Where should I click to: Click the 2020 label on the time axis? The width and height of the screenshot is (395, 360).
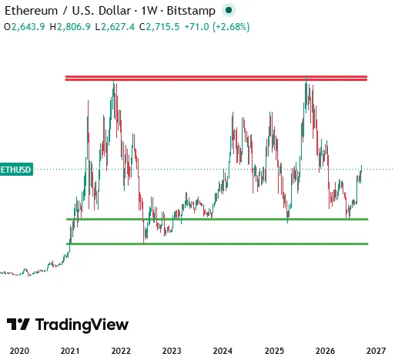(19, 351)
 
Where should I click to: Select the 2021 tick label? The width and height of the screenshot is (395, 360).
(70, 351)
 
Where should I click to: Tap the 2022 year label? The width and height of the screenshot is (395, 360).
(121, 351)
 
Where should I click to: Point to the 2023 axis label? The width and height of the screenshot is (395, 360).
(172, 351)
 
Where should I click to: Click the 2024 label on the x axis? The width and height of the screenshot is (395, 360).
(223, 351)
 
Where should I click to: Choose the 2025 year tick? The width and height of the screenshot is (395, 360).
(274, 351)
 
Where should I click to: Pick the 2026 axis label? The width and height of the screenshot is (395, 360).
(325, 351)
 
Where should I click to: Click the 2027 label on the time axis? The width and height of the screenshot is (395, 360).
(376, 351)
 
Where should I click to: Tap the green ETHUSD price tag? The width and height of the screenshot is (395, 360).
(16, 170)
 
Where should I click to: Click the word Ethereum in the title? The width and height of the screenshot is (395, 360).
(32, 11)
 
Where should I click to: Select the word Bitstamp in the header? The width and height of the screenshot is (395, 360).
(191, 11)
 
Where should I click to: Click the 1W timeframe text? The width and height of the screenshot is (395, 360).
(149, 11)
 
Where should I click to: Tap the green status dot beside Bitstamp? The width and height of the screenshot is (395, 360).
(229, 10)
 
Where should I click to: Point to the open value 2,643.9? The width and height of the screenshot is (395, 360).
(28, 27)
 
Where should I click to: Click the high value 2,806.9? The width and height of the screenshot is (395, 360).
(74, 27)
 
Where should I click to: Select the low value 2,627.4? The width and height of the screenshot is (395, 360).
(118, 27)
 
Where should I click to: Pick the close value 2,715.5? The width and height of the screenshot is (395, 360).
(162, 27)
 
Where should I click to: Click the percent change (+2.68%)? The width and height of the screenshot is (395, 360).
(231, 27)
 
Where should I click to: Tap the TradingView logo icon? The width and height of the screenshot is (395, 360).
(18, 325)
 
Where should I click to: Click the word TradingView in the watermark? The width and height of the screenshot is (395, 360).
(82, 325)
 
